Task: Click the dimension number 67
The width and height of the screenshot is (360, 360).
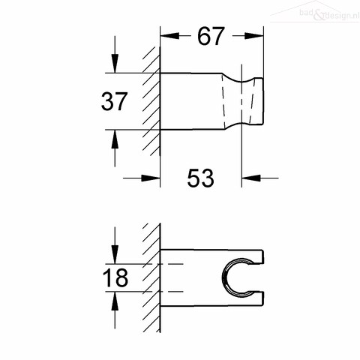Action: (x=211, y=36)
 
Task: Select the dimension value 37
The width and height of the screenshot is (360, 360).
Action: (x=114, y=101)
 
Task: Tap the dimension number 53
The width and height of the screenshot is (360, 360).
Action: (x=201, y=178)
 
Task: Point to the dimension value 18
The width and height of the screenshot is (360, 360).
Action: (x=115, y=277)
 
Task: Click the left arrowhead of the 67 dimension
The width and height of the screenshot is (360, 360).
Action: (x=169, y=36)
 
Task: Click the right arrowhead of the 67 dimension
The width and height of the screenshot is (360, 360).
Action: (x=254, y=36)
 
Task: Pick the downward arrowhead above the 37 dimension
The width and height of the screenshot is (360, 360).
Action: (x=115, y=64)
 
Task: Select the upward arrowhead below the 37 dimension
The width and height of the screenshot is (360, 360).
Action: (x=115, y=139)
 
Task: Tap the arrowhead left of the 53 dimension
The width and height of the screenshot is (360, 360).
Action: (x=151, y=178)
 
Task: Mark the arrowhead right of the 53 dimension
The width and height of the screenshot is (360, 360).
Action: (x=251, y=178)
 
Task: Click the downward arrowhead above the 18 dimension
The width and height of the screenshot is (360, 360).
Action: (x=115, y=254)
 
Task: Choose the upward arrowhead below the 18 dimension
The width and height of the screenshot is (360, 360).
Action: (x=115, y=301)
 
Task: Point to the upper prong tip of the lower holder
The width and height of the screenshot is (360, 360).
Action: (x=262, y=256)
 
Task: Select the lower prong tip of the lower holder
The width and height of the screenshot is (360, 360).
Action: (x=262, y=298)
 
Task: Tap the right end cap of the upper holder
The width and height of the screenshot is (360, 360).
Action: (x=259, y=101)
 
